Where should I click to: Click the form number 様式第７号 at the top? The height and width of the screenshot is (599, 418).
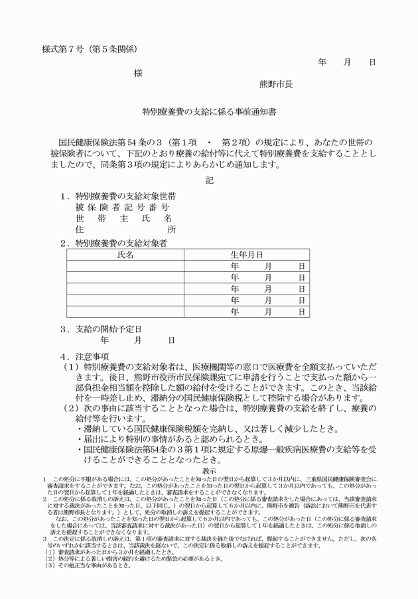click(64, 48)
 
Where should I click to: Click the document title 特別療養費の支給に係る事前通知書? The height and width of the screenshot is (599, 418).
click(209, 113)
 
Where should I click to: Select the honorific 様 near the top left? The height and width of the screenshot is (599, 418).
click(138, 74)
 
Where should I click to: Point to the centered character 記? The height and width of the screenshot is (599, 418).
click(209, 180)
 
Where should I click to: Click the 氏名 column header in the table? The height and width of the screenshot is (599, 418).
click(125, 255)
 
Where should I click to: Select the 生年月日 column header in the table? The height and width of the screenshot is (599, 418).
click(246, 255)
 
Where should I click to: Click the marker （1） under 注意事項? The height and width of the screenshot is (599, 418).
click(71, 367)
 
